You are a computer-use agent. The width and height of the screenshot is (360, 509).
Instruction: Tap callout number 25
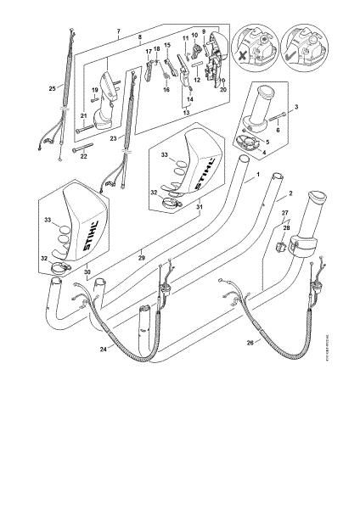click(53, 87)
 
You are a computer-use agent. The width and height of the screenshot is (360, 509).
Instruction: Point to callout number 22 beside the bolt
click(83, 156)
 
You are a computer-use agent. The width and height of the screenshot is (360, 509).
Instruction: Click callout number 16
click(166, 89)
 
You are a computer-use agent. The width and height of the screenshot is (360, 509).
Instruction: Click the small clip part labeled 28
click(279, 247)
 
